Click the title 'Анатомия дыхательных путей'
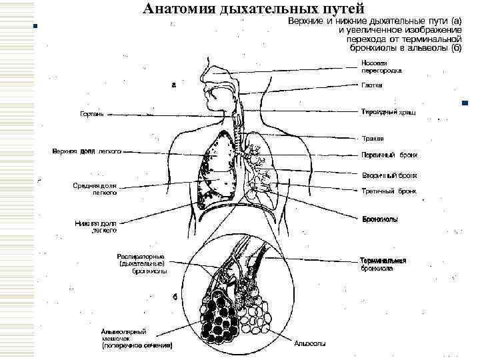[253, 9]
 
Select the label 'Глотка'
[371, 85]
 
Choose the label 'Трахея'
[372, 139]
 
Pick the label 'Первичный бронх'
[389, 155]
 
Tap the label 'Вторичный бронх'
[389, 175]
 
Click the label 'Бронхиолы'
[380, 218]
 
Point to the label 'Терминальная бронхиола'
[383, 265]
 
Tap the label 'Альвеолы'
[310, 344]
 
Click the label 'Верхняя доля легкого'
[87, 151]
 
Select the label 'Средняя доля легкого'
[95, 189]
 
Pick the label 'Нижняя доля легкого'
[96, 227]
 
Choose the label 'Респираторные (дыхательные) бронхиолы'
[141, 263]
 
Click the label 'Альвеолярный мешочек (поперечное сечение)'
[137, 339]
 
